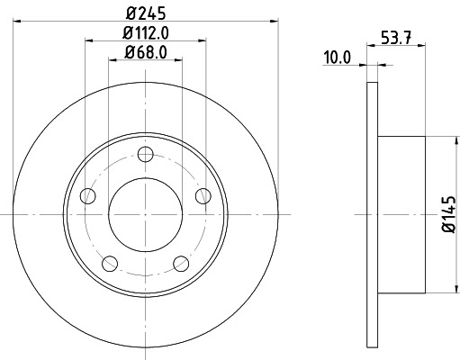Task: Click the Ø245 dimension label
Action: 145,13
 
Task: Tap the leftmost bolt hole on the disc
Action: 87,195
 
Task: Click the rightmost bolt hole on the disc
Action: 203,195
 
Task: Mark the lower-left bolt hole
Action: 110,263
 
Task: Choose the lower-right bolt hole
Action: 180,263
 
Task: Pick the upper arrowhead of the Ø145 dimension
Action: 450,140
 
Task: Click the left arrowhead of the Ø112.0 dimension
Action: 90,40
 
